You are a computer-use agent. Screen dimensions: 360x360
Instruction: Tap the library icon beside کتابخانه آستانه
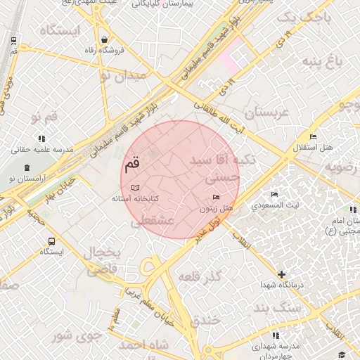click(x=135, y=188)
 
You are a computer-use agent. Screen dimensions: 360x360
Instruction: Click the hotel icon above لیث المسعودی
click(x=274, y=194)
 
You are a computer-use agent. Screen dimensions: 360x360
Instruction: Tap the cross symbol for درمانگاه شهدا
click(x=282, y=274)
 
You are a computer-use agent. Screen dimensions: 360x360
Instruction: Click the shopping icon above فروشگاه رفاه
click(x=104, y=39)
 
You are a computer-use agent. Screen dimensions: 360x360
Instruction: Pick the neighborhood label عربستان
click(x=265, y=112)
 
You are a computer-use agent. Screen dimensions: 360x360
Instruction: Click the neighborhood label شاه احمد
click(x=144, y=345)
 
